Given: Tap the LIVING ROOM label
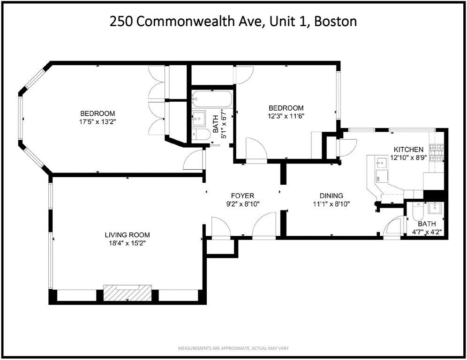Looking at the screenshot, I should coord(127,235).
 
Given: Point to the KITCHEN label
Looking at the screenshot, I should coord(408,149).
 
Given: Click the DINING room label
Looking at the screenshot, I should coord(331,195).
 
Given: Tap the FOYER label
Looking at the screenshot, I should coord(242,195).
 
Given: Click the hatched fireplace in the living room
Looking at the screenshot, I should coord(128,292).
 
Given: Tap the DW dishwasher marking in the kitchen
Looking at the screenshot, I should coord(378,179).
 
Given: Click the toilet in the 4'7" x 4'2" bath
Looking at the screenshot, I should coord(417,213).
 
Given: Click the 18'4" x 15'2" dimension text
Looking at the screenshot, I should coord(127,243).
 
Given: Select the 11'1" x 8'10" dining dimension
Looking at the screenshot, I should coord(331,204).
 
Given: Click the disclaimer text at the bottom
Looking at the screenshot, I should coord(233,349).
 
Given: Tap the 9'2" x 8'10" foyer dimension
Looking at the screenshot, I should coord(242,204).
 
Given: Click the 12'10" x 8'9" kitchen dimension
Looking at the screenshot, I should coord(408,157).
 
